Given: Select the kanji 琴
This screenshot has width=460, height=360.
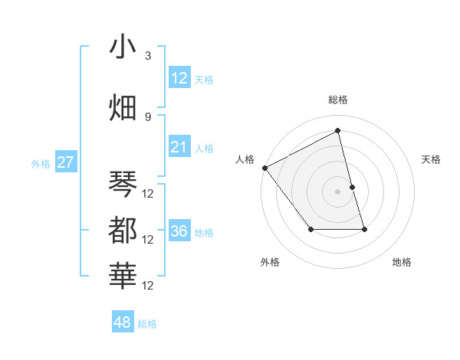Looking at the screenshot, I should (123, 184).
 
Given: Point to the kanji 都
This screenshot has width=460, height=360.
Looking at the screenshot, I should (123, 230).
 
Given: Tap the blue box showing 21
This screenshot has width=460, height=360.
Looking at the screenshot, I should (179, 147).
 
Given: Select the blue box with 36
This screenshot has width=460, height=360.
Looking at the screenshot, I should (179, 231).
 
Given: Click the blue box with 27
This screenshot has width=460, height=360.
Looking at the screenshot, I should (65, 162).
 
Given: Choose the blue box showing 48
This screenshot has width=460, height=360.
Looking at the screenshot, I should (123, 322).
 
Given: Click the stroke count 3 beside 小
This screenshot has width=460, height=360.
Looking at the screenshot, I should (148, 56).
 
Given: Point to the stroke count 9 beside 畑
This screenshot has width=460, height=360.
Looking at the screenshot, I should (148, 116).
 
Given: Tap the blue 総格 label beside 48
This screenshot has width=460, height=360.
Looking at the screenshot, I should (147, 324).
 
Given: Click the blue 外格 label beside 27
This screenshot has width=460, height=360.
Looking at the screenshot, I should (41, 163).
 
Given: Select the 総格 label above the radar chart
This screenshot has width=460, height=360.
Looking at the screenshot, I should (338, 100).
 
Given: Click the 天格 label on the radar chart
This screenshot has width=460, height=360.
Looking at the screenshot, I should (431, 159).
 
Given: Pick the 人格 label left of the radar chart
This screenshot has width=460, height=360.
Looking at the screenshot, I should (245, 159).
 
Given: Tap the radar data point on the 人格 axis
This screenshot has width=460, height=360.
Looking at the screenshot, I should (264, 168).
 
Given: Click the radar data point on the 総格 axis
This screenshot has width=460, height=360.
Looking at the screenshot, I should (338, 131).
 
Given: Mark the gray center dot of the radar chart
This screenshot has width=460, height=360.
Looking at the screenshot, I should (338, 191).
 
